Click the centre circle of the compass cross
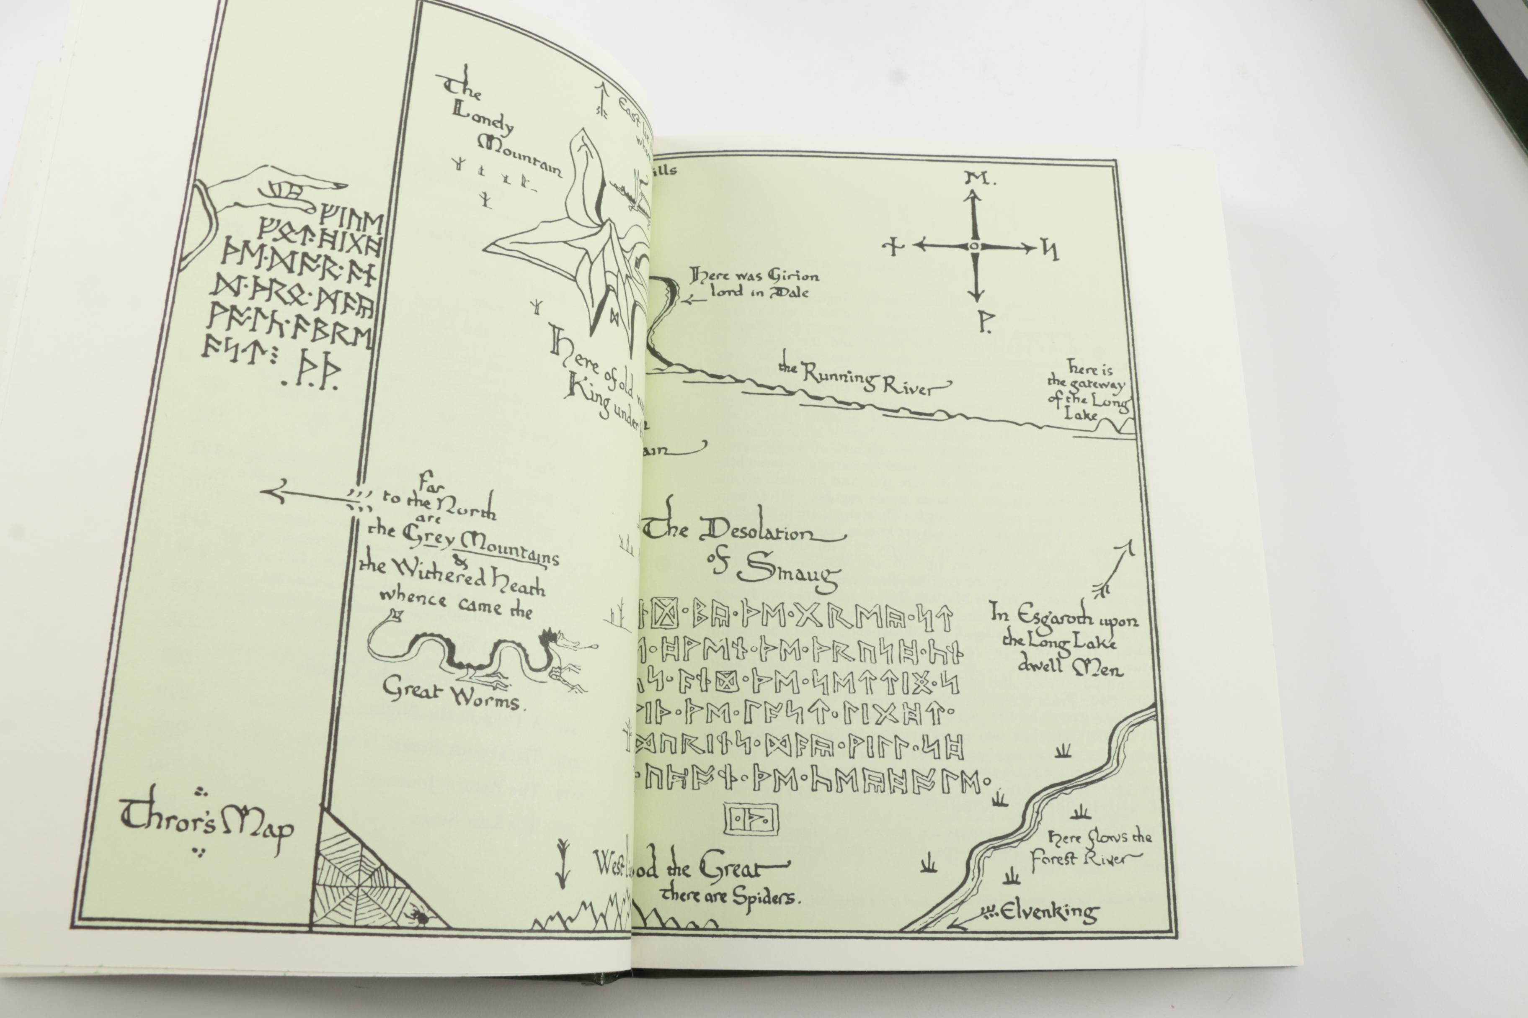tap(973, 246)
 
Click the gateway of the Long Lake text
tap(1088, 392)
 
